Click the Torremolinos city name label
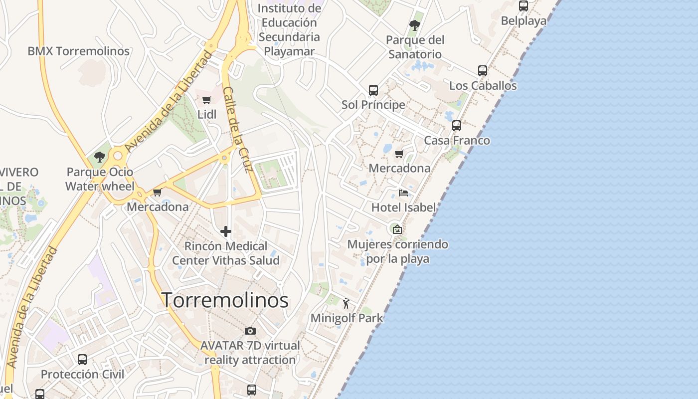225,300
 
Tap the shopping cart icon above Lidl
206,100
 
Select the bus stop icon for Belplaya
523,6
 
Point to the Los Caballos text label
483,86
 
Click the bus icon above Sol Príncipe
373,90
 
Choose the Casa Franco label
457,141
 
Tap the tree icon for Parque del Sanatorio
414,25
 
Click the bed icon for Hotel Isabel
403,193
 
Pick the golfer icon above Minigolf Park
346,303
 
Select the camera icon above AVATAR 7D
250,331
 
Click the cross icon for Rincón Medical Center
226,231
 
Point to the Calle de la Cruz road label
238,129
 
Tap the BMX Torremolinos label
78,51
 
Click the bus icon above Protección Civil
82,359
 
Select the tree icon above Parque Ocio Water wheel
100,157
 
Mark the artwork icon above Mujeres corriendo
397,229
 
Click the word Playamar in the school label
289,51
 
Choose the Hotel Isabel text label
403,207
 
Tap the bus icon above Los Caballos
482,71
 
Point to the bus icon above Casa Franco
456,126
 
